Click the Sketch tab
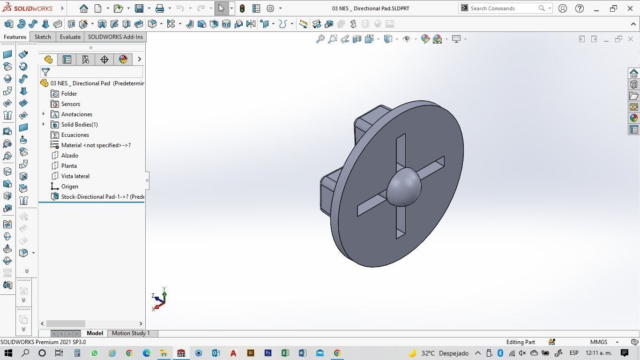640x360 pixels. [43, 37]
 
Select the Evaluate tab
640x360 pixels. [70, 37]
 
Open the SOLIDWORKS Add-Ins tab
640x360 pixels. [115, 37]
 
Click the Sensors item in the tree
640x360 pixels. [70, 104]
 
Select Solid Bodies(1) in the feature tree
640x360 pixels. [79, 125]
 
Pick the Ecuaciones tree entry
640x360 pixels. [75, 135]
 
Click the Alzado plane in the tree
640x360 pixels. [69, 156]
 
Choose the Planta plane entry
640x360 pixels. [69, 166]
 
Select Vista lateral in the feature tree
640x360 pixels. [75, 176]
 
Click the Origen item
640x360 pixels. [69, 187]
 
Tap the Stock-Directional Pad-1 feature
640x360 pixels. [102, 197]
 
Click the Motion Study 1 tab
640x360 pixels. [131, 333]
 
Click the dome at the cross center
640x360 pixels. [403, 187]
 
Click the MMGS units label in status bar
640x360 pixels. [599, 342]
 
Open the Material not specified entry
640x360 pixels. [96, 145]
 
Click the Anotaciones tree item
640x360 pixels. [76, 114]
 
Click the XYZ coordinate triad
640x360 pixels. [159, 299]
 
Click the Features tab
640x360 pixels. [15, 37]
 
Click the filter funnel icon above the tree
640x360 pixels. [45, 72]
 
